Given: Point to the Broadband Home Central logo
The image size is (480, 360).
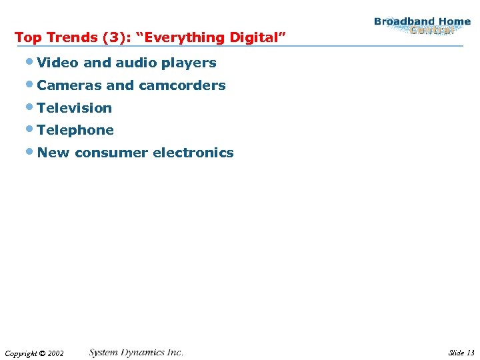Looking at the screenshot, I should [422, 26].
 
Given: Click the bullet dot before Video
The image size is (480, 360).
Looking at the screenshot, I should [32, 63].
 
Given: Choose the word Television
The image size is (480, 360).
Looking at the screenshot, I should [75, 108].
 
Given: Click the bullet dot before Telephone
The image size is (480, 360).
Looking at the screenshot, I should [32, 130].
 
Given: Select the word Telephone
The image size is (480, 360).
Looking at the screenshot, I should [75, 131].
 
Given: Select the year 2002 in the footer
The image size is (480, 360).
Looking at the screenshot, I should [55, 353].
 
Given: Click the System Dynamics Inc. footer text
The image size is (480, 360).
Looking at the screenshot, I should [136, 352].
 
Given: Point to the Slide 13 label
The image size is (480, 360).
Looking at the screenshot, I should [461, 353].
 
